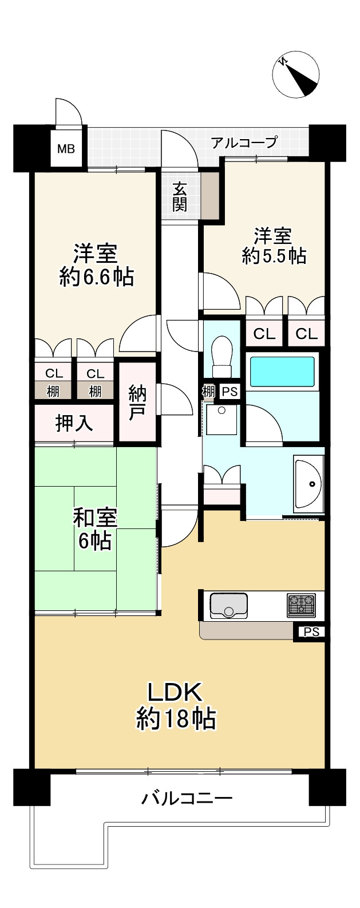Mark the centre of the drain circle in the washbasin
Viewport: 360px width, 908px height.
tap(312, 484)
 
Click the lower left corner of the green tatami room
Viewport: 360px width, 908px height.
tap(35, 609)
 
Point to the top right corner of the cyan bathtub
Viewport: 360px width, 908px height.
tap(315, 357)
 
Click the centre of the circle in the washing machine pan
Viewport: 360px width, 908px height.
tap(221, 410)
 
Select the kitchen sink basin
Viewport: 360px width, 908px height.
tap(228, 606)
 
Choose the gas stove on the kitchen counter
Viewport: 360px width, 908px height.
tap(301, 605)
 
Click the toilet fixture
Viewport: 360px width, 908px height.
tap(221, 356)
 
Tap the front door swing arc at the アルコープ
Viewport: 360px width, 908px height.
tap(179, 147)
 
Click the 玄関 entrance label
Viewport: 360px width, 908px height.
tap(179, 198)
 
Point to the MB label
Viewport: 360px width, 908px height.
tap(66, 149)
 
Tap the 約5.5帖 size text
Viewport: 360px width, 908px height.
tap(274, 256)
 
